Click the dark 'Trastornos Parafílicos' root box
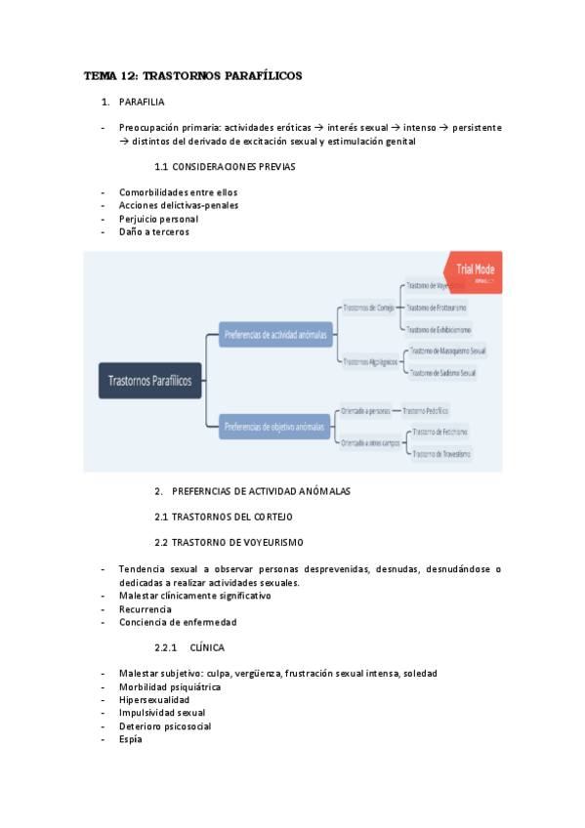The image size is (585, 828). coord(151,380)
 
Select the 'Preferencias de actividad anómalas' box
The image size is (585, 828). coord(274,334)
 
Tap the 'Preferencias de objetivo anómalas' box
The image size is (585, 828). coord(274,426)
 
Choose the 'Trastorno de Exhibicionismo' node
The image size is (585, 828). coord(438,329)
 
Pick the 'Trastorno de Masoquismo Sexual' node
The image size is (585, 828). coord(447,351)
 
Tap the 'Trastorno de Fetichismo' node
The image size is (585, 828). coord(439,432)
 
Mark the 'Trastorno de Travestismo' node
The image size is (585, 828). coord(440,454)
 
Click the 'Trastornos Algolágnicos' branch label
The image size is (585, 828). coord(368,360)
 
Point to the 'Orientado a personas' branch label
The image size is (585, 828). coord(365,410)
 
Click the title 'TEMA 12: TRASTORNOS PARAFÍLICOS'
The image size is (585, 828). coord(193,75)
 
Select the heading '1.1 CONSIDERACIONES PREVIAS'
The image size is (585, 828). coord(225,166)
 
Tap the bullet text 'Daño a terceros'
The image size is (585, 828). coord(153,231)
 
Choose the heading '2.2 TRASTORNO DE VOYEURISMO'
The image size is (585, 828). coord(229,542)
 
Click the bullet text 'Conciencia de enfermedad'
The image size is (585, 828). coord(177,622)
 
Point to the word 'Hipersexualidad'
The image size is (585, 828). coord(154,699)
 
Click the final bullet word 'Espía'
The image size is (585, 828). coord(130,739)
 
